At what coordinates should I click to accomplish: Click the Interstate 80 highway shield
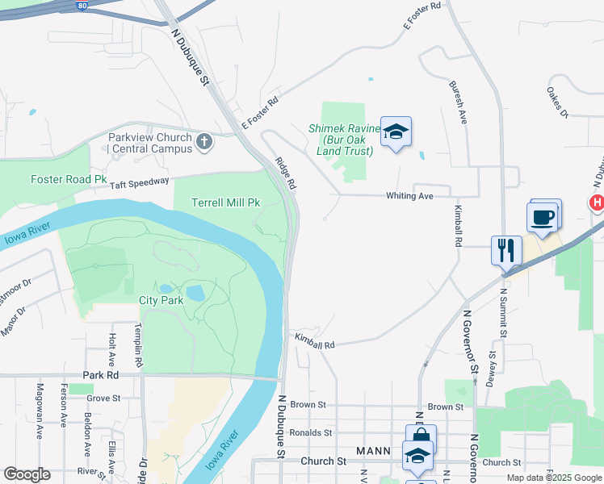83,4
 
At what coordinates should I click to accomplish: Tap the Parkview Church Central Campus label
150,143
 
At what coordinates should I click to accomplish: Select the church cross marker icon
204,143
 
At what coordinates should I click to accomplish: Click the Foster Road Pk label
69,179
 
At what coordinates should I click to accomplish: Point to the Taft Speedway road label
140,183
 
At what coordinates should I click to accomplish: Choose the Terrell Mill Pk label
225,202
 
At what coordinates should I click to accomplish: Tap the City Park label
161,300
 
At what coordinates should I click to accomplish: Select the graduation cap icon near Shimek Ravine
396,132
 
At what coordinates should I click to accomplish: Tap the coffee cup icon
543,217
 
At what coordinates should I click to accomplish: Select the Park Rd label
101,376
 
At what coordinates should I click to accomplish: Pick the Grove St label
103,398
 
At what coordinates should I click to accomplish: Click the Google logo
27,474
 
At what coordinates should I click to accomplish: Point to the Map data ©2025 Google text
554,478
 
